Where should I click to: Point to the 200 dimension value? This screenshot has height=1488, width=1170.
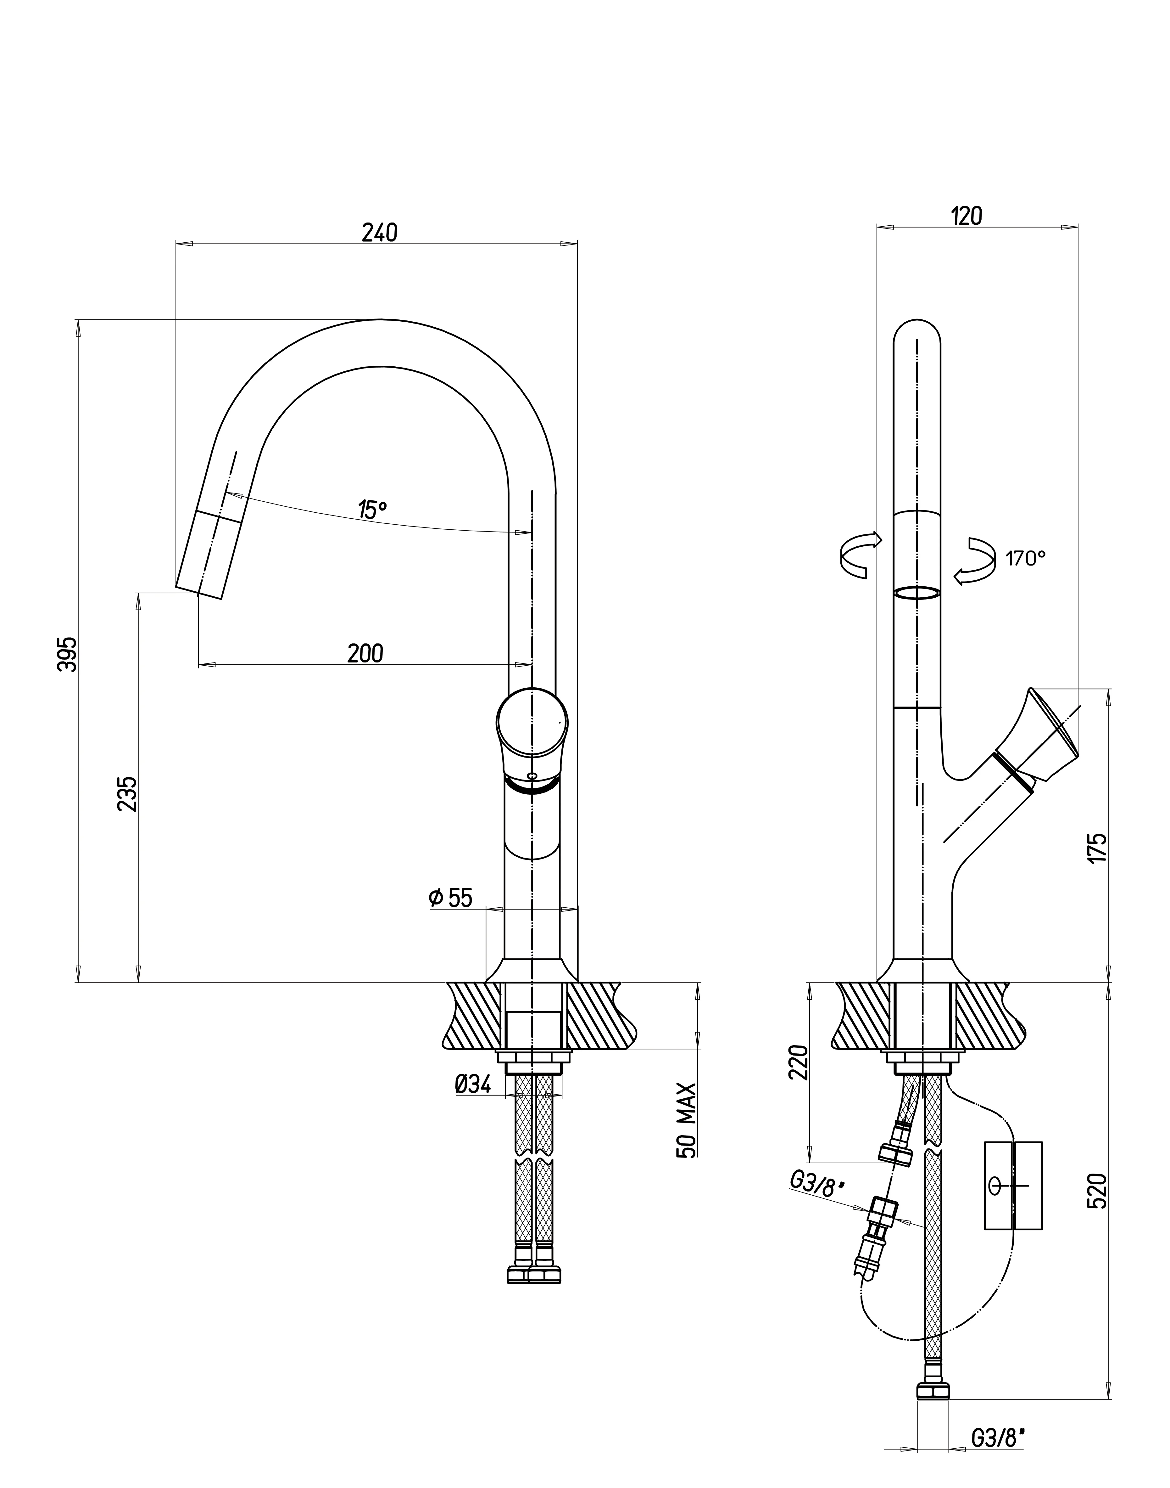[365, 653]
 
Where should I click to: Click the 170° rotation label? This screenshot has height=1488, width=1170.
[1025, 559]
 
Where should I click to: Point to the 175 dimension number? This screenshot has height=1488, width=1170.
[1097, 848]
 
